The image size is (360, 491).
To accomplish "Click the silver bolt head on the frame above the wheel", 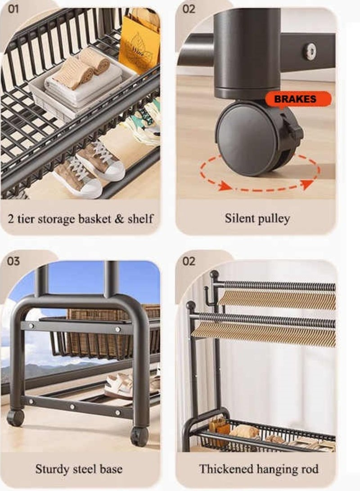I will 309,51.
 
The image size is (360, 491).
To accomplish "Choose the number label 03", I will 14,261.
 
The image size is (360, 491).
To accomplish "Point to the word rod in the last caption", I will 310,469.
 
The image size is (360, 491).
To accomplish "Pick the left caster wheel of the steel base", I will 16,418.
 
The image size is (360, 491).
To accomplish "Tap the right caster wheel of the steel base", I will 139,436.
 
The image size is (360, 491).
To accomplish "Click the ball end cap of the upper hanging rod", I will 214,274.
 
